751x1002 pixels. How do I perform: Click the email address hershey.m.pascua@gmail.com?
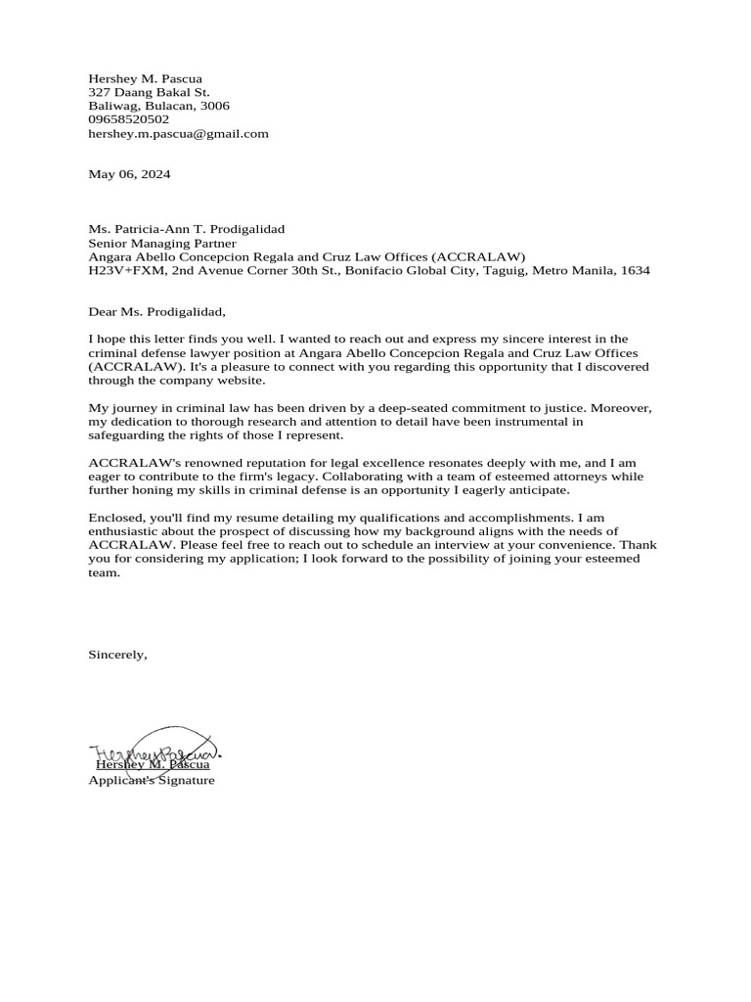pos(178,133)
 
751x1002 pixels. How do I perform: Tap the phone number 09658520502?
pos(128,119)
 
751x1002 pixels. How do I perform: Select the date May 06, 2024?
pos(129,174)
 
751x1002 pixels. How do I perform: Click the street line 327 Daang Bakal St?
pos(149,92)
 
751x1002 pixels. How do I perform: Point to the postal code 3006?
pos(214,106)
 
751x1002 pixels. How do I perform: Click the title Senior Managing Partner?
pos(162,243)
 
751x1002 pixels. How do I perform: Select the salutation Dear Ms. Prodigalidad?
pos(156,312)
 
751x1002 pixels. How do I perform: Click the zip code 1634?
pos(634,270)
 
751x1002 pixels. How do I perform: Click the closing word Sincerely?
pos(117,654)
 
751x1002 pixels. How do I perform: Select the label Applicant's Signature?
pos(152,780)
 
